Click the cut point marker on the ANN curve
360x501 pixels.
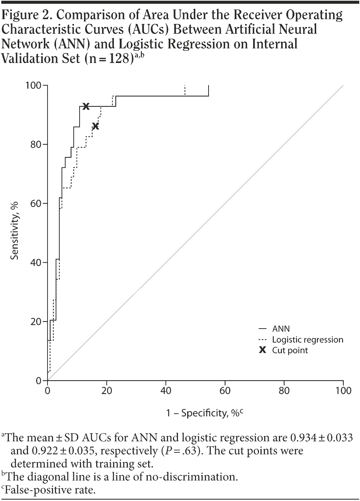pos(86,106)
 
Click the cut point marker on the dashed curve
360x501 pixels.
pos(95,126)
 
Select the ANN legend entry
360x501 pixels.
pos(281,329)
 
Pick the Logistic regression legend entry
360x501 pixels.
pos(307,340)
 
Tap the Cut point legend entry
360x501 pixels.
pos(290,350)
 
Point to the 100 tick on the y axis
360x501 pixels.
pos(33,85)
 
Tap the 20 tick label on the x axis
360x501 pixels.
pos(107,390)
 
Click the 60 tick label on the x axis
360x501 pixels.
pos(225,390)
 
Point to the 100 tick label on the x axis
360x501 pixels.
pos(343,390)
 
